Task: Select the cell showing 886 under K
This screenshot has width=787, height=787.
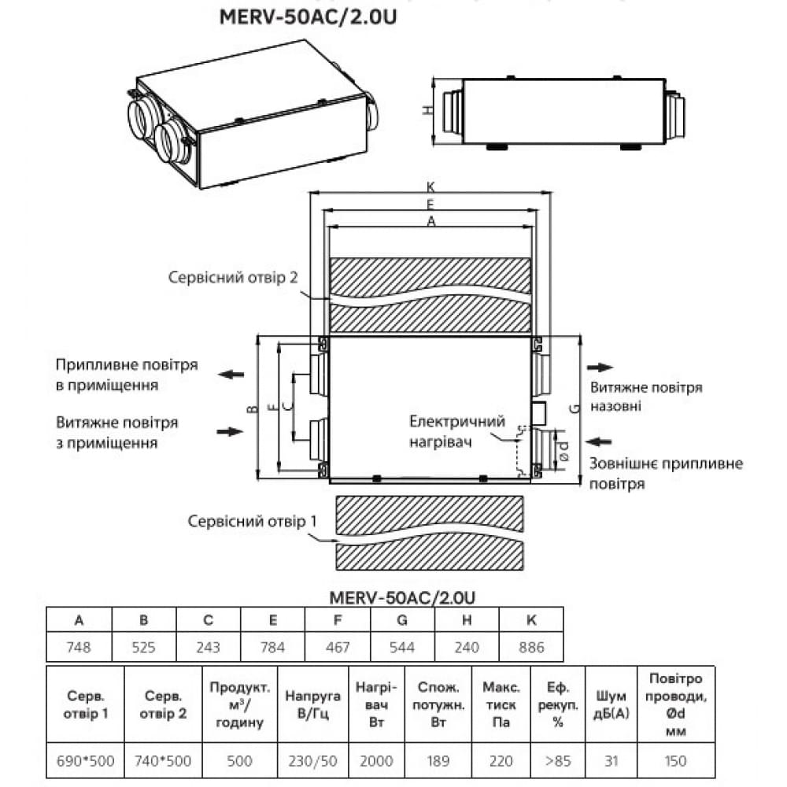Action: pos(531,648)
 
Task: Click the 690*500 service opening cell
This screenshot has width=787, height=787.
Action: pos(86,760)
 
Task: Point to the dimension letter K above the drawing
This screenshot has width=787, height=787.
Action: pos(430,187)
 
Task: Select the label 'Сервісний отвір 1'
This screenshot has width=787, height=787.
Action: pos(243,521)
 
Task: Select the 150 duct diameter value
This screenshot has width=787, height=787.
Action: pos(675,760)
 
